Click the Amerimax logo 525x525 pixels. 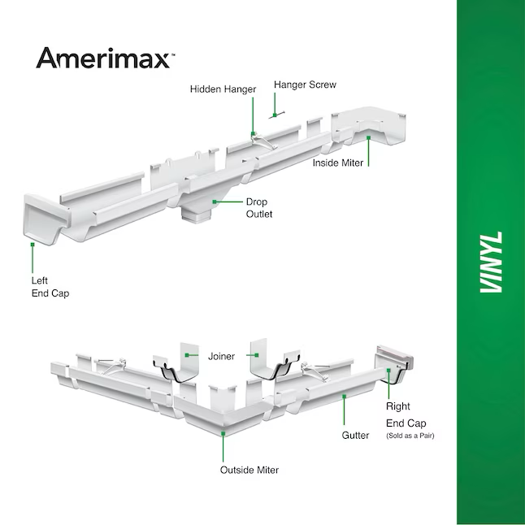coord(105,59)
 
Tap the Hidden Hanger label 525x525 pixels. coord(223,89)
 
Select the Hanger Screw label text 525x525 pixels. coord(305,85)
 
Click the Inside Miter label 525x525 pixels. coord(338,163)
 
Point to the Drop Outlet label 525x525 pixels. coord(259,208)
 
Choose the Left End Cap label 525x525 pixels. coord(50,287)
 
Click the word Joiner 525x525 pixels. coord(221,356)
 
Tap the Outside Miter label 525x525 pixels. coord(249,470)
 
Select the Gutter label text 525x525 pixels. coord(355,436)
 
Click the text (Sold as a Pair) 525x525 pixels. coord(410,436)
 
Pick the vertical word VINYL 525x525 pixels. coord(491,262)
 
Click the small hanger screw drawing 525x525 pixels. coord(276,115)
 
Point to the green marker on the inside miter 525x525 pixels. coord(368,137)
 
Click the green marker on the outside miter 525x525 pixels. coord(223,434)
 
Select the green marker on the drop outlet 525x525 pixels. coord(215,202)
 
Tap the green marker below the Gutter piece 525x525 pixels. coord(344,397)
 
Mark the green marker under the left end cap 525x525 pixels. coord(33,245)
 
